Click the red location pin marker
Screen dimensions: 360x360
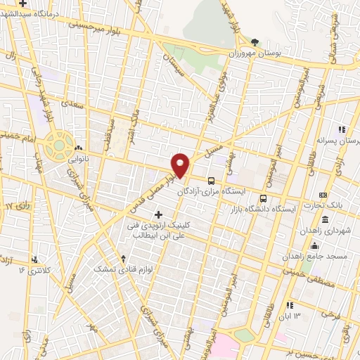pos(181,164)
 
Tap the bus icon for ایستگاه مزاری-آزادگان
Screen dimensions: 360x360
pos(212,181)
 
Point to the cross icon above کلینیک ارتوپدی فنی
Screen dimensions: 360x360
pos(157,214)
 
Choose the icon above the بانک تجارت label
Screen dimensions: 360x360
pos(323,195)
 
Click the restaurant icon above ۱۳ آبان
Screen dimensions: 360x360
pos(289,304)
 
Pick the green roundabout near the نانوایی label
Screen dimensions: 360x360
pos(59,147)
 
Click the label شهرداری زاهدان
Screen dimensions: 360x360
pos(323,231)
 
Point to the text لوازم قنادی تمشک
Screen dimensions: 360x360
pos(138,269)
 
